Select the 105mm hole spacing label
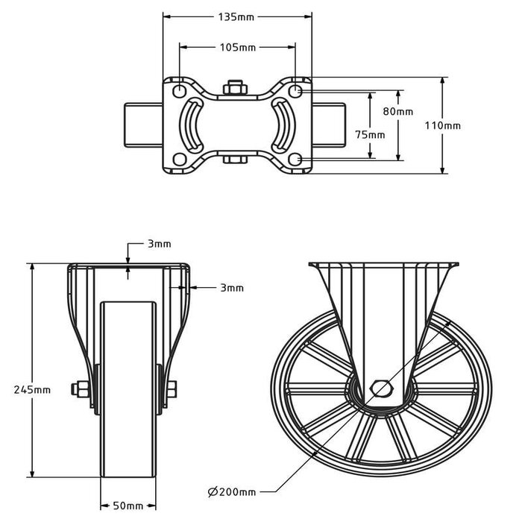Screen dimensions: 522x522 coord(237,48)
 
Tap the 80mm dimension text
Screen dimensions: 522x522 coord(397,111)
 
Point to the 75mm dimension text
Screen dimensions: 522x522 coord(370,135)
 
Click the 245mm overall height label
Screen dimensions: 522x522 coord(33,389)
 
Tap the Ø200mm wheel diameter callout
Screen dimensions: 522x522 coord(232,491)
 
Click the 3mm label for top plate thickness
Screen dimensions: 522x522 coord(159,244)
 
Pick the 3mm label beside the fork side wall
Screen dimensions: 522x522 coord(231,287)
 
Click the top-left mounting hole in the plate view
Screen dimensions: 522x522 coord(180,90)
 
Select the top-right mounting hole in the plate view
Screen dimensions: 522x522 coord(296,90)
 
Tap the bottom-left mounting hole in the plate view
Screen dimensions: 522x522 coord(180,159)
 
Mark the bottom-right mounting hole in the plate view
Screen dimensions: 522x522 coord(296,159)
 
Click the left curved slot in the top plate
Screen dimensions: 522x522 coord(193,125)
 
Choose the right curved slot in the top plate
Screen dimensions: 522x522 coord(283,125)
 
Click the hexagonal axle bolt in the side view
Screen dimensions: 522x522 coord(380,388)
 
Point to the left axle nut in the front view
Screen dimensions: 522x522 coord(78,388)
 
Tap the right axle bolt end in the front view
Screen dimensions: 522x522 coord(171,388)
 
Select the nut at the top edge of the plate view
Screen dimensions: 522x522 coord(236,87)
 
